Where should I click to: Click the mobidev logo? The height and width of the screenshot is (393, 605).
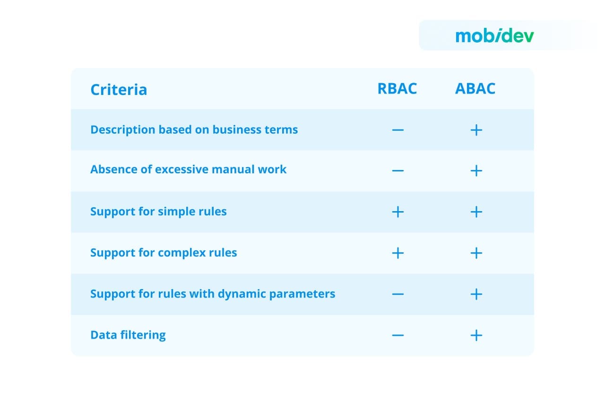pos(494,36)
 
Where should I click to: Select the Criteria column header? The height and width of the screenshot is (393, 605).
pos(119,89)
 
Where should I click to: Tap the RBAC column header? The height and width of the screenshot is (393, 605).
pos(397,88)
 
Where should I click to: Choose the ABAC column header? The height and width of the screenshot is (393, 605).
pos(475,88)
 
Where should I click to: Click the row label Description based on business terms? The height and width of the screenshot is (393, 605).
pos(194,129)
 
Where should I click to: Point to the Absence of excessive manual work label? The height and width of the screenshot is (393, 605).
pos(188,169)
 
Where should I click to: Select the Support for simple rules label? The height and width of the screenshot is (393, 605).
pos(158,211)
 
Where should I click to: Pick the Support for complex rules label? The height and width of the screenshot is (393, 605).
pos(164,252)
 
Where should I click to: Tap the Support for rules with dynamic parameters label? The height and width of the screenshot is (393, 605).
pos(213,294)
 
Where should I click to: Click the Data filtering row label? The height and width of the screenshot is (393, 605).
pos(128,335)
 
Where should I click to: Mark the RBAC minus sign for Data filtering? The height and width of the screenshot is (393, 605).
pos(398,335)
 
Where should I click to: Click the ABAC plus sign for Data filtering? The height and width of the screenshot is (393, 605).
pos(476,335)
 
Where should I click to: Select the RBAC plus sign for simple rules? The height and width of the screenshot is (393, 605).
pos(398,212)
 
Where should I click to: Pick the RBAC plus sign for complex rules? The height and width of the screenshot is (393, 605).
pos(398,253)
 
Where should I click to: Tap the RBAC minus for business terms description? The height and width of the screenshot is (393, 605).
pos(398,130)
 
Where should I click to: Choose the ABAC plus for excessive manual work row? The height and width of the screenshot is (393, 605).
pos(476,171)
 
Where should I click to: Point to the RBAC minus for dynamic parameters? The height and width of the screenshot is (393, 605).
pos(398,294)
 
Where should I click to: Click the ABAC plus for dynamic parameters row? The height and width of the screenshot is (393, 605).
pos(476,294)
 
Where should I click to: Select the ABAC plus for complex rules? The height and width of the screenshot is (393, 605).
pos(476,253)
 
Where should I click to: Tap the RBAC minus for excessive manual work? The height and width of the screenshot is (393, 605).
pos(398,171)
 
